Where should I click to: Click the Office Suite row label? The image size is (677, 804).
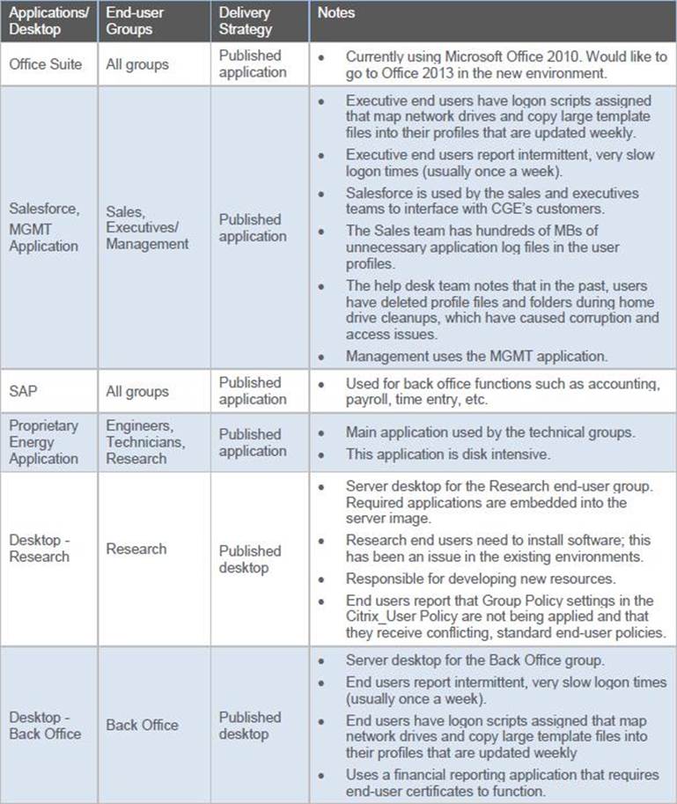pyautogui.click(x=45, y=63)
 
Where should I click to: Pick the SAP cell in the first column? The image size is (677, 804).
pyautogui.click(x=25, y=391)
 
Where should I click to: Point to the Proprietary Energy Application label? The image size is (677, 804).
pyautogui.click(x=43, y=441)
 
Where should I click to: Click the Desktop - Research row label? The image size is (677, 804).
pyautogui.click(x=39, y=548)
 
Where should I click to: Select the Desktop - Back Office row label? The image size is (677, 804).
pyautogui.click(x=44, y=725)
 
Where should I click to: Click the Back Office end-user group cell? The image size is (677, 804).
pyautogui.click(x=142, y=725)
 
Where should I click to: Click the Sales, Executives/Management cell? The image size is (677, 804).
pyautogui.click(x=147, y=227)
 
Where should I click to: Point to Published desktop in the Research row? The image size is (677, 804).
pyautogui.click(x=250, y=559)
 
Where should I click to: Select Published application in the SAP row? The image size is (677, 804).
pyautogui.click(x=251, y=391)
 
